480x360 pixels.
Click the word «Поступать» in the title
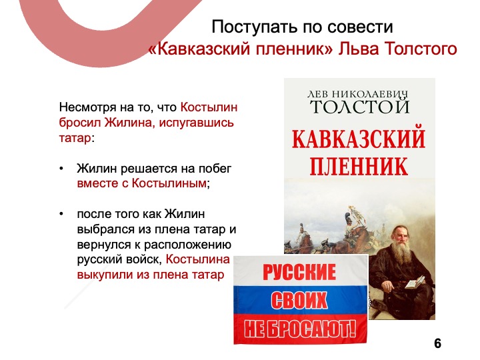coord(255,27)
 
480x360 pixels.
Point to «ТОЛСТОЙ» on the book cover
coord(360,106)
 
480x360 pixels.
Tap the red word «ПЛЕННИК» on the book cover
coord(359,166)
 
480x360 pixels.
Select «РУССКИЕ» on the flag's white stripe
coord(299,271)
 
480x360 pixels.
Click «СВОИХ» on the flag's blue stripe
coord(299,300)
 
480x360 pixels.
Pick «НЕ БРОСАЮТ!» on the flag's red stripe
coord(300,329)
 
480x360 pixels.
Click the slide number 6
coord(438,343)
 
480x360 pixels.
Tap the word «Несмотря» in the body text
coord(87,107)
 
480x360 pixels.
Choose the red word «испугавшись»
coord(196,123)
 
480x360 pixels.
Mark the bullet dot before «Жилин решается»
coord(61,169)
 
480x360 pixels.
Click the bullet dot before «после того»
coord(61,214)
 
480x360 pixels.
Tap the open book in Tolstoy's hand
coord(415,282)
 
